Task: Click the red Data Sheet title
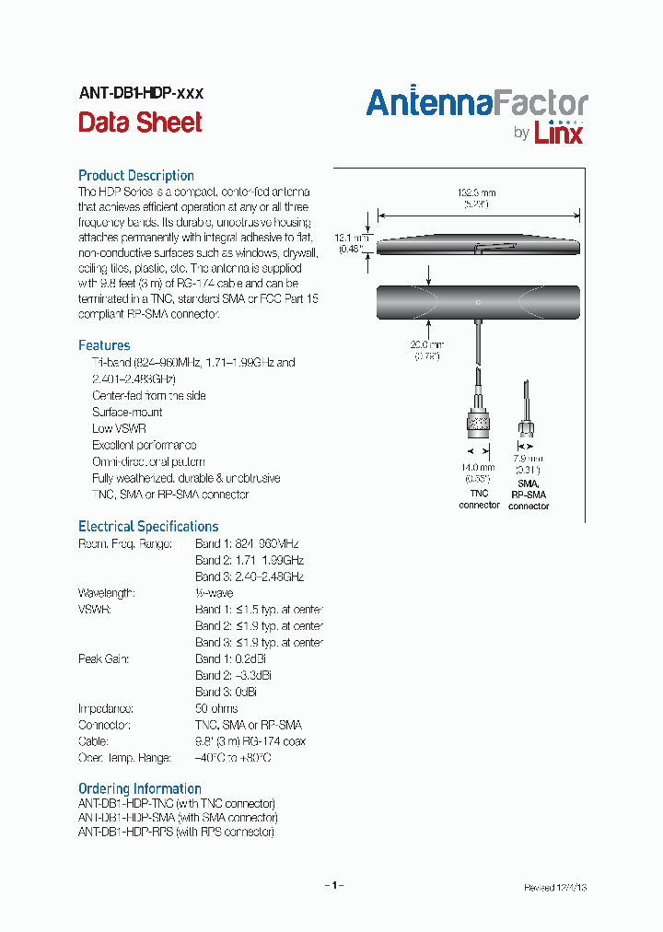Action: (x=140, y=122)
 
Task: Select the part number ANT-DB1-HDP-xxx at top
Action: (x=141, y=93)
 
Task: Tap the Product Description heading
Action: (x=136, y=175)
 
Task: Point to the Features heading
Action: (x=104, y=345)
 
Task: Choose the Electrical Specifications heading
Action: (x=148, y=527)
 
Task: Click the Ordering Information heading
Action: (x=140, y=788)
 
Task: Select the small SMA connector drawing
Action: (x=528, y=426)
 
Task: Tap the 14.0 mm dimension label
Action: (x=478, y=468)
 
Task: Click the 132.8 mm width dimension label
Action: (x=477, y=192)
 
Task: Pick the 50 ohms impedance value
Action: (x=216, y=708)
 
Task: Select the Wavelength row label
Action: (x=106, y=593)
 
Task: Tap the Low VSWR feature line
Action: (x=119, y=428)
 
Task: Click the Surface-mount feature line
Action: (x=127, y=412)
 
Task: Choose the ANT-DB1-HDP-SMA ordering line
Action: (x=178, y=817)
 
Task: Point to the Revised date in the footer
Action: (x=555, y=888)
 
